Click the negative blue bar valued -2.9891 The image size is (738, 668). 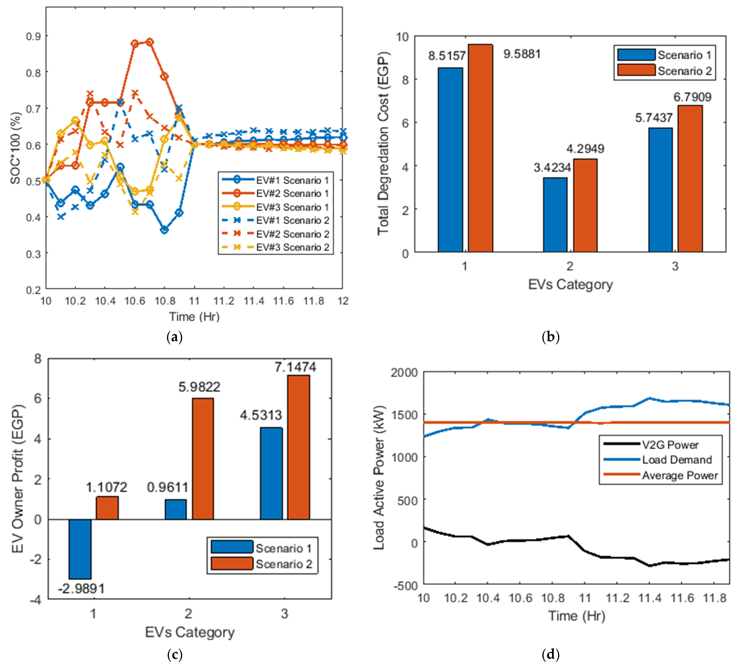pos(80,549)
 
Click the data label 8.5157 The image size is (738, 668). pos(447,56)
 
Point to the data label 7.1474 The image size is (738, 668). pos(295,367)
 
